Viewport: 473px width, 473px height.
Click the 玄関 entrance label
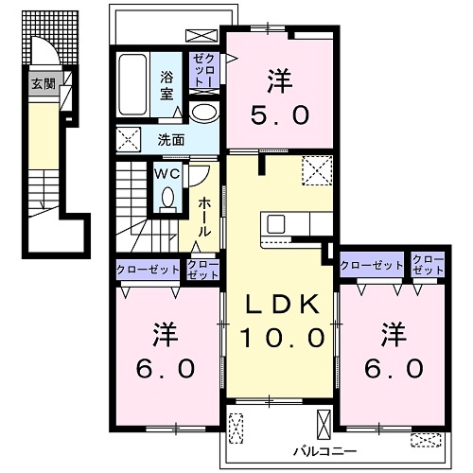click(44, 84)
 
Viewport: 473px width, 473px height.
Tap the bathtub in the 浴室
click(132, 84)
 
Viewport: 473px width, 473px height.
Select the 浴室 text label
click(166, 85)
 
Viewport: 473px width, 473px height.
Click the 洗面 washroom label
click(171, 140)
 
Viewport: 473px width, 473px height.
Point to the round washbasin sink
click(204, 113)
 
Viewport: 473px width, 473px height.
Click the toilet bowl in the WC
click(167, 198)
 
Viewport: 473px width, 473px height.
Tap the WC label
click(167, 174)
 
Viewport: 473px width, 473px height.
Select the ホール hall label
click(204, 217)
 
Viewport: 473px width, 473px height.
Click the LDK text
click(282, 305)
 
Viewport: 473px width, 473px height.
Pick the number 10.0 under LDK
click(283, 338)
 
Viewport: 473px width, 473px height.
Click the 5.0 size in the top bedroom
click(280, 115)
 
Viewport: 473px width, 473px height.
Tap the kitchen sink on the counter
click(276, 223)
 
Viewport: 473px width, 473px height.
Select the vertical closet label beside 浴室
click(204, 70)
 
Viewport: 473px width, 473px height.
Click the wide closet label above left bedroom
click(148, 270)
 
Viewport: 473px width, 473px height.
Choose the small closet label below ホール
click(202, 270)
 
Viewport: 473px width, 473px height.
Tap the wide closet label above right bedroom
click(371, 265)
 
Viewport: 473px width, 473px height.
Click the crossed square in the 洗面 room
click(128, 139)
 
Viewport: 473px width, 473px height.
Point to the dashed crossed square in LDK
click(317, 170)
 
